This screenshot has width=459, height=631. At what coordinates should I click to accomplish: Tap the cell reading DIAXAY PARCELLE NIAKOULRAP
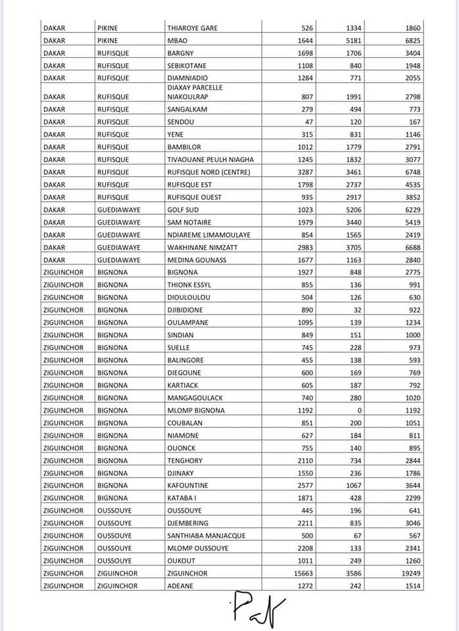(195, 92)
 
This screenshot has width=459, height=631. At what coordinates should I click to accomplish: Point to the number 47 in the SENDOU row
(310, 122)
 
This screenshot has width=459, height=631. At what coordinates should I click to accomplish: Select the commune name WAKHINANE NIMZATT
(199, 247)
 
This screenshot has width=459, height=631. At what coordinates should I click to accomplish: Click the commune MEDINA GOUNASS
(195, 260)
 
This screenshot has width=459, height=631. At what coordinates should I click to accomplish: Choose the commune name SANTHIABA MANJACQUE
(206, 536)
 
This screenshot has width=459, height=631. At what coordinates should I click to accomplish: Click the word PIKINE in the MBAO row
(108, 41)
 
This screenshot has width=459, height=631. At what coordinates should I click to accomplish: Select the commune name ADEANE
(180, 586)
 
